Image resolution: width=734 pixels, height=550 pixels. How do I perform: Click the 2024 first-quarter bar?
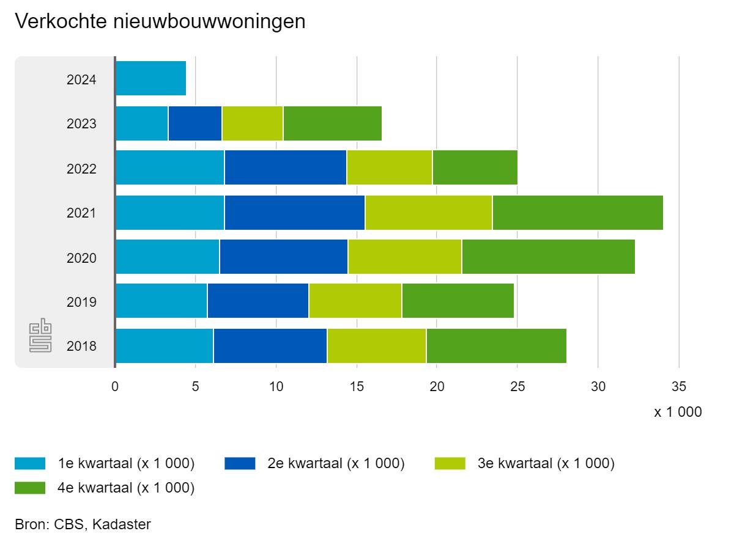click(150, 78)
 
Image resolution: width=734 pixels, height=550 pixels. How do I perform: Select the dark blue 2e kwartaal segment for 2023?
click(195, 123)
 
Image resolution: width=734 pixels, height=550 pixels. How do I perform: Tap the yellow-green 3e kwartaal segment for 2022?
click(390, 167)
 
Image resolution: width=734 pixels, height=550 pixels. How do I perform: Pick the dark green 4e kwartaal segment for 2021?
click(577, 213)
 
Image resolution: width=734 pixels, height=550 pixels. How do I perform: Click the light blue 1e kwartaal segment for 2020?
click(167, 257)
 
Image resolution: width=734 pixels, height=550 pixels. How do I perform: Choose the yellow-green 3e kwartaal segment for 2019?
click(355, 301)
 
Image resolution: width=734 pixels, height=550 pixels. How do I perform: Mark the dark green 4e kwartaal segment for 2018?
click(496, 346)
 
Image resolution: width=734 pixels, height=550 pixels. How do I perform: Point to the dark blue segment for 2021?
click(294, 213)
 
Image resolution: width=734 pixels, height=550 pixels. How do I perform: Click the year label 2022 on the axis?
click(81, 169)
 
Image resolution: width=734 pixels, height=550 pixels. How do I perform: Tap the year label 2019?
click(81, 302)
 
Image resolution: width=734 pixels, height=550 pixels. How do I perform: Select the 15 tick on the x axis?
click(356, 387)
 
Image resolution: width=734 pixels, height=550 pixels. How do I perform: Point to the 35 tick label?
click(679, 387)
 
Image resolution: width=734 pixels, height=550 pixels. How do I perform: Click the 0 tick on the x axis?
click(115, 387)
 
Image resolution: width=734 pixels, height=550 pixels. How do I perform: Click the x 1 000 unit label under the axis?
click(678, 413)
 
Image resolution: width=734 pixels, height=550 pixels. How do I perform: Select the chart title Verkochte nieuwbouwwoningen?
click(160, 22)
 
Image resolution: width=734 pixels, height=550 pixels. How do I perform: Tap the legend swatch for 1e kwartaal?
click(30, 464)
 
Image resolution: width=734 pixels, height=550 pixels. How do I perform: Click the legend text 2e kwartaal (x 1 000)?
click(336, 464)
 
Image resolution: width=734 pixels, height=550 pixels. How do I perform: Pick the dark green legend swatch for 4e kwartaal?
click(30, 488)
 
